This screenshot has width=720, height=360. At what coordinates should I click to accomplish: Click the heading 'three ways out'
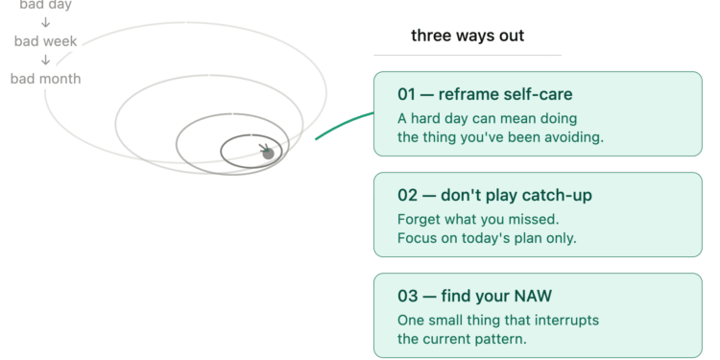pyautogui.click(x=468, y=36)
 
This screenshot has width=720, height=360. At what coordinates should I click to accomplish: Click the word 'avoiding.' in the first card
pyautogui.click(x=569, y=137)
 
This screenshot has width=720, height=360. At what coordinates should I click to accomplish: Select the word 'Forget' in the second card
pyautogui.click(x=418, y=219)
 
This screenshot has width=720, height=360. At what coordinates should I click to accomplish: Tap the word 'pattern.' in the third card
pyautogui.click(x=503, y=339)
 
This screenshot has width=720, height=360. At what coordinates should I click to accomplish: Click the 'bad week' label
pyautogui.click(x=45, y=41)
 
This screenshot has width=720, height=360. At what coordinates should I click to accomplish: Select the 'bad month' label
pyautogui.click(x=45, y=79)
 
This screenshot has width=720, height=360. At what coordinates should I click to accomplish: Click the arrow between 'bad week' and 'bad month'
pyautogui.click(x=45, y=60)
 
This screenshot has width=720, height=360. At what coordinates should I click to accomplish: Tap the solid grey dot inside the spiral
pyautogui.click(x=269, y=154)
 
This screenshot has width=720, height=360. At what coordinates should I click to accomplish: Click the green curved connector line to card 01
pyautogui.click(x=343, y=126)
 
